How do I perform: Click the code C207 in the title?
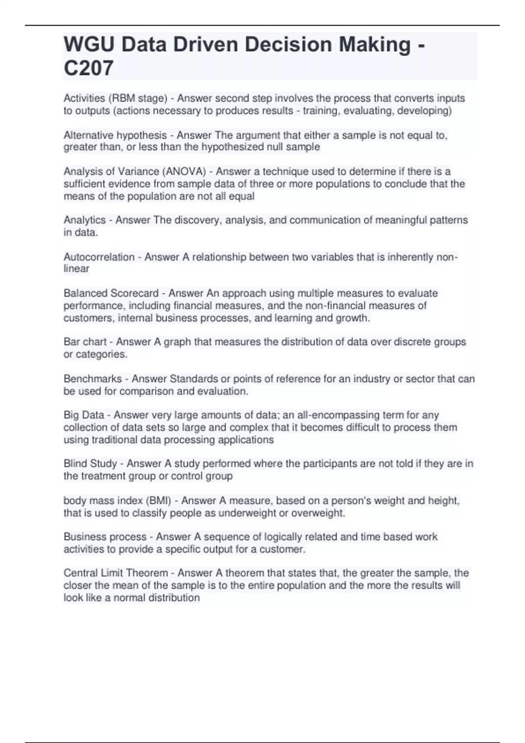click(x=88, y=68)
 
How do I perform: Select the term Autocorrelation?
click(x=99, y=257)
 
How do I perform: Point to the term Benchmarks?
click(x=92, y=378)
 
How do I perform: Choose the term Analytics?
click(x=84, y=220)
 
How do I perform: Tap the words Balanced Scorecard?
click(x=111, y=293)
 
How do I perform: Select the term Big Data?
click(x=84, y=415)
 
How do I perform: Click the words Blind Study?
click(x=90, y=463)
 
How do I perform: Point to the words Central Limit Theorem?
click(x=115, y=573)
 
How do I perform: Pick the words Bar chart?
click(x=85, y=342)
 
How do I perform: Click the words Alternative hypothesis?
click(x=115, y=135)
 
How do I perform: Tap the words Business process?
click(x=105, y=537)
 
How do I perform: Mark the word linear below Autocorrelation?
click(x=76, y=269)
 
